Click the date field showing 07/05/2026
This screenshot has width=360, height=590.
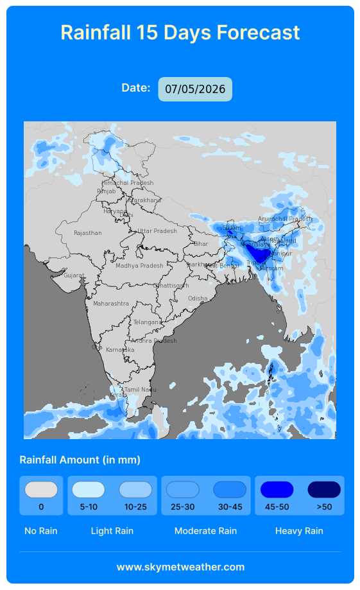195,89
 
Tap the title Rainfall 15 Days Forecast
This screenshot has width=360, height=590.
180,32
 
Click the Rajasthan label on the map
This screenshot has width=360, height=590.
88,233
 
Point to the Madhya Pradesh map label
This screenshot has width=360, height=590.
139,266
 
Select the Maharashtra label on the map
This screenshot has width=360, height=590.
111,303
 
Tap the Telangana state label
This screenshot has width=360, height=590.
148,322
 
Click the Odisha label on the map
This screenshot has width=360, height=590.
198,299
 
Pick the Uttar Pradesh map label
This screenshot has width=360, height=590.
157,231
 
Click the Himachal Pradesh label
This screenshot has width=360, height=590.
128,183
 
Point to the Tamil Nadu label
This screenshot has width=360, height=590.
140,390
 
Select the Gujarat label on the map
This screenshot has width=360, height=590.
74,275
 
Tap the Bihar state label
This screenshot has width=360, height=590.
201,244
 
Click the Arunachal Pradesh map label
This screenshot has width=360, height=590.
285,219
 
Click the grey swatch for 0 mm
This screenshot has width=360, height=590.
41,490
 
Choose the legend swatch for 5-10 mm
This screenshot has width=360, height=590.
89,490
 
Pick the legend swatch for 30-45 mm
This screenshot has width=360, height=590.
230,490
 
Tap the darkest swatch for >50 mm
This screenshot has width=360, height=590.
324,490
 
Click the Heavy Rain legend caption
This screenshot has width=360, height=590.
299,531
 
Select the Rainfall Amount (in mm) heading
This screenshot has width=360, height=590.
80,460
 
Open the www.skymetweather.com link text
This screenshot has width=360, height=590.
180,567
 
